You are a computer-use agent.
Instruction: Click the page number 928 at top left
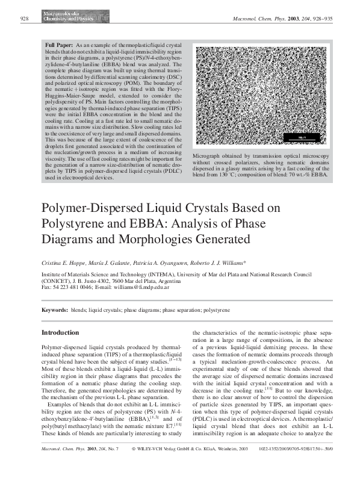click(25, 19)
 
